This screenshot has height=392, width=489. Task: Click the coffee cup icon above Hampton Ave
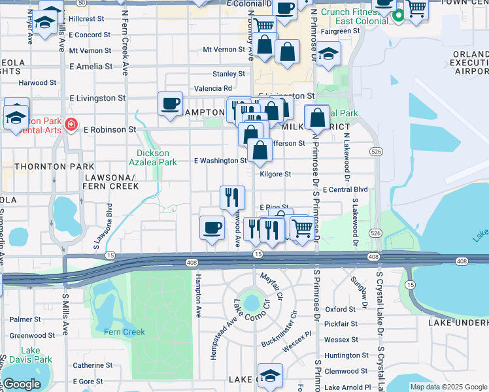point(212,228)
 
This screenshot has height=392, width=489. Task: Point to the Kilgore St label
point(275,174)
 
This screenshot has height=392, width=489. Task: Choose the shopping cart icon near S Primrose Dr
point(301,229)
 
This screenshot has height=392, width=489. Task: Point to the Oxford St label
point(340,309)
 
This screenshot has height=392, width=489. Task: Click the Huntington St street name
point(346,355)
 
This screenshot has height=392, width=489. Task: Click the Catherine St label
point(88,365)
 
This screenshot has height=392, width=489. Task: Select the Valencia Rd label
point(218,88)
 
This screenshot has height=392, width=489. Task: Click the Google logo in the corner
point(22,384)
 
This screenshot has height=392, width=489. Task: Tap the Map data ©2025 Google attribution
point(447,387)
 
